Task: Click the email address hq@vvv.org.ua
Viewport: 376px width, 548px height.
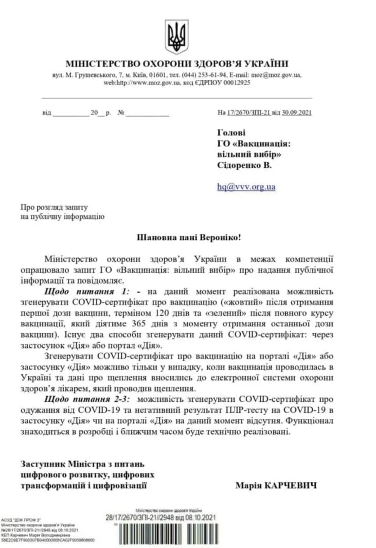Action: [246, 186]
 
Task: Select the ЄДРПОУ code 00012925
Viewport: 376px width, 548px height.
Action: [234, 83]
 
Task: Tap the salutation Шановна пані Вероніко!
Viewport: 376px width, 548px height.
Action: [187, 237]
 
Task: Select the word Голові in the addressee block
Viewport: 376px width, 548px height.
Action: [231, 132]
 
